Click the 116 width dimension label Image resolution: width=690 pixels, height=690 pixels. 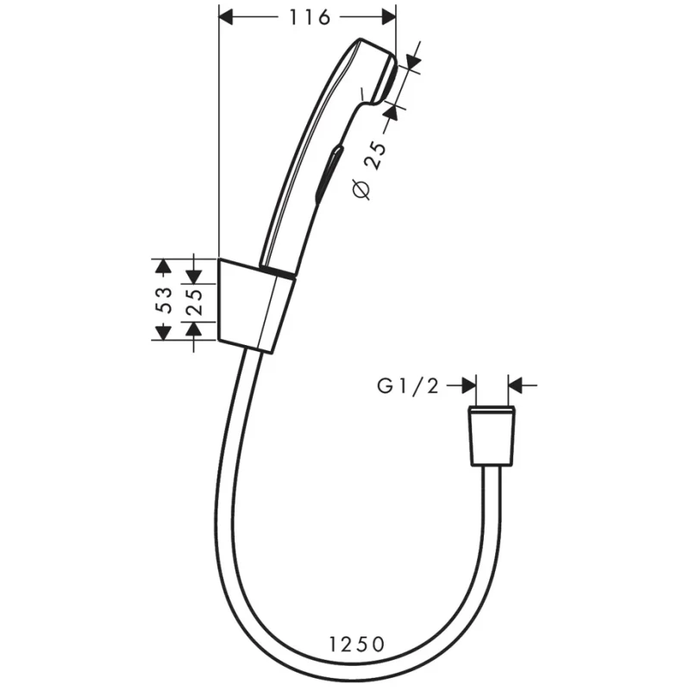pyautogui.click(x=310, y=17)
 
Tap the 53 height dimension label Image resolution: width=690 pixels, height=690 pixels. pyautogui.click(x=164, y=299)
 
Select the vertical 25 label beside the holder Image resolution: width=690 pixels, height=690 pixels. pyautogui.click(x=193, y=302)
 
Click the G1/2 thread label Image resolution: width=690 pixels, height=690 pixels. pyautogui.click(x=408, y=386)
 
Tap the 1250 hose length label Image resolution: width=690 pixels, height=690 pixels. pyautogui.click(x=357, y=644)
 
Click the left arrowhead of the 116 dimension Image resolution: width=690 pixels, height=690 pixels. pyautogui.click(x=226, y=17)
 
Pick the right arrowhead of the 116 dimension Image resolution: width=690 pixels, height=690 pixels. pyautogui.click(x=389, y=17)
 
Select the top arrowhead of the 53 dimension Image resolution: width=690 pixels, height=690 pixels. pyautogui.click(x=163, y=266)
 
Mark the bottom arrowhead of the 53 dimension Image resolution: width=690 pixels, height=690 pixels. pyautogui.click(x=163, y=333)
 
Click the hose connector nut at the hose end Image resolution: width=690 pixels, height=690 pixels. pyautogui.click(x=492, y=436)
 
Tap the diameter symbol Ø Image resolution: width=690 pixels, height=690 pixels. pyautogui.click(x=361, y=190)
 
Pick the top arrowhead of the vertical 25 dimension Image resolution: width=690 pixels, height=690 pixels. pyautogui.click(x=193, y=277)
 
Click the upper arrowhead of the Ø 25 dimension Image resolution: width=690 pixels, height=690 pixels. pyautogui.click(x=413, y=61)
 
